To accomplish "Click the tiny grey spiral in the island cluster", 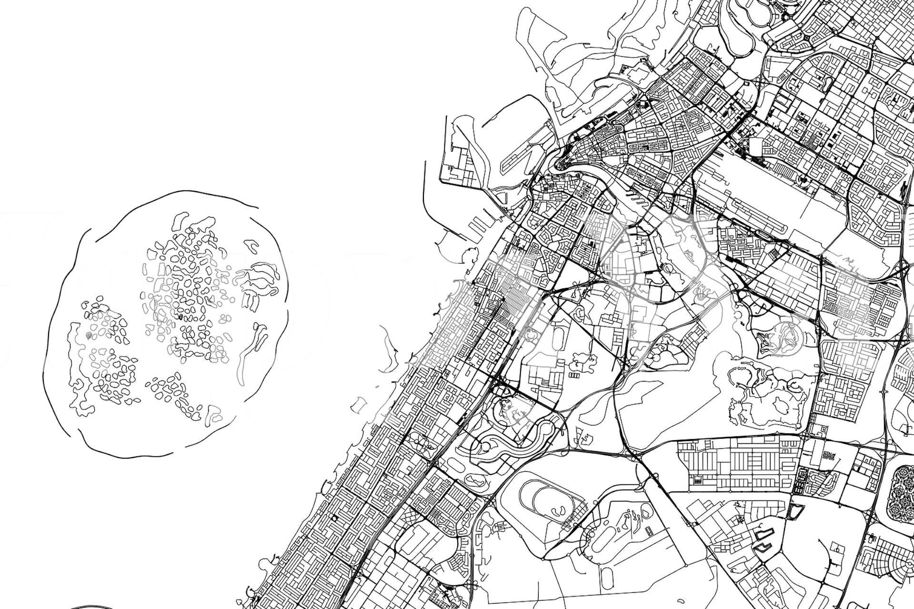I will pyautogui.click(x=88, y=336).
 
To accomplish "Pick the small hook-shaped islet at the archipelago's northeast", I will pyautogui.click(x=250, y=246).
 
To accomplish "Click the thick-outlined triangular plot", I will pyautogui.click(x=794, y=511).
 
